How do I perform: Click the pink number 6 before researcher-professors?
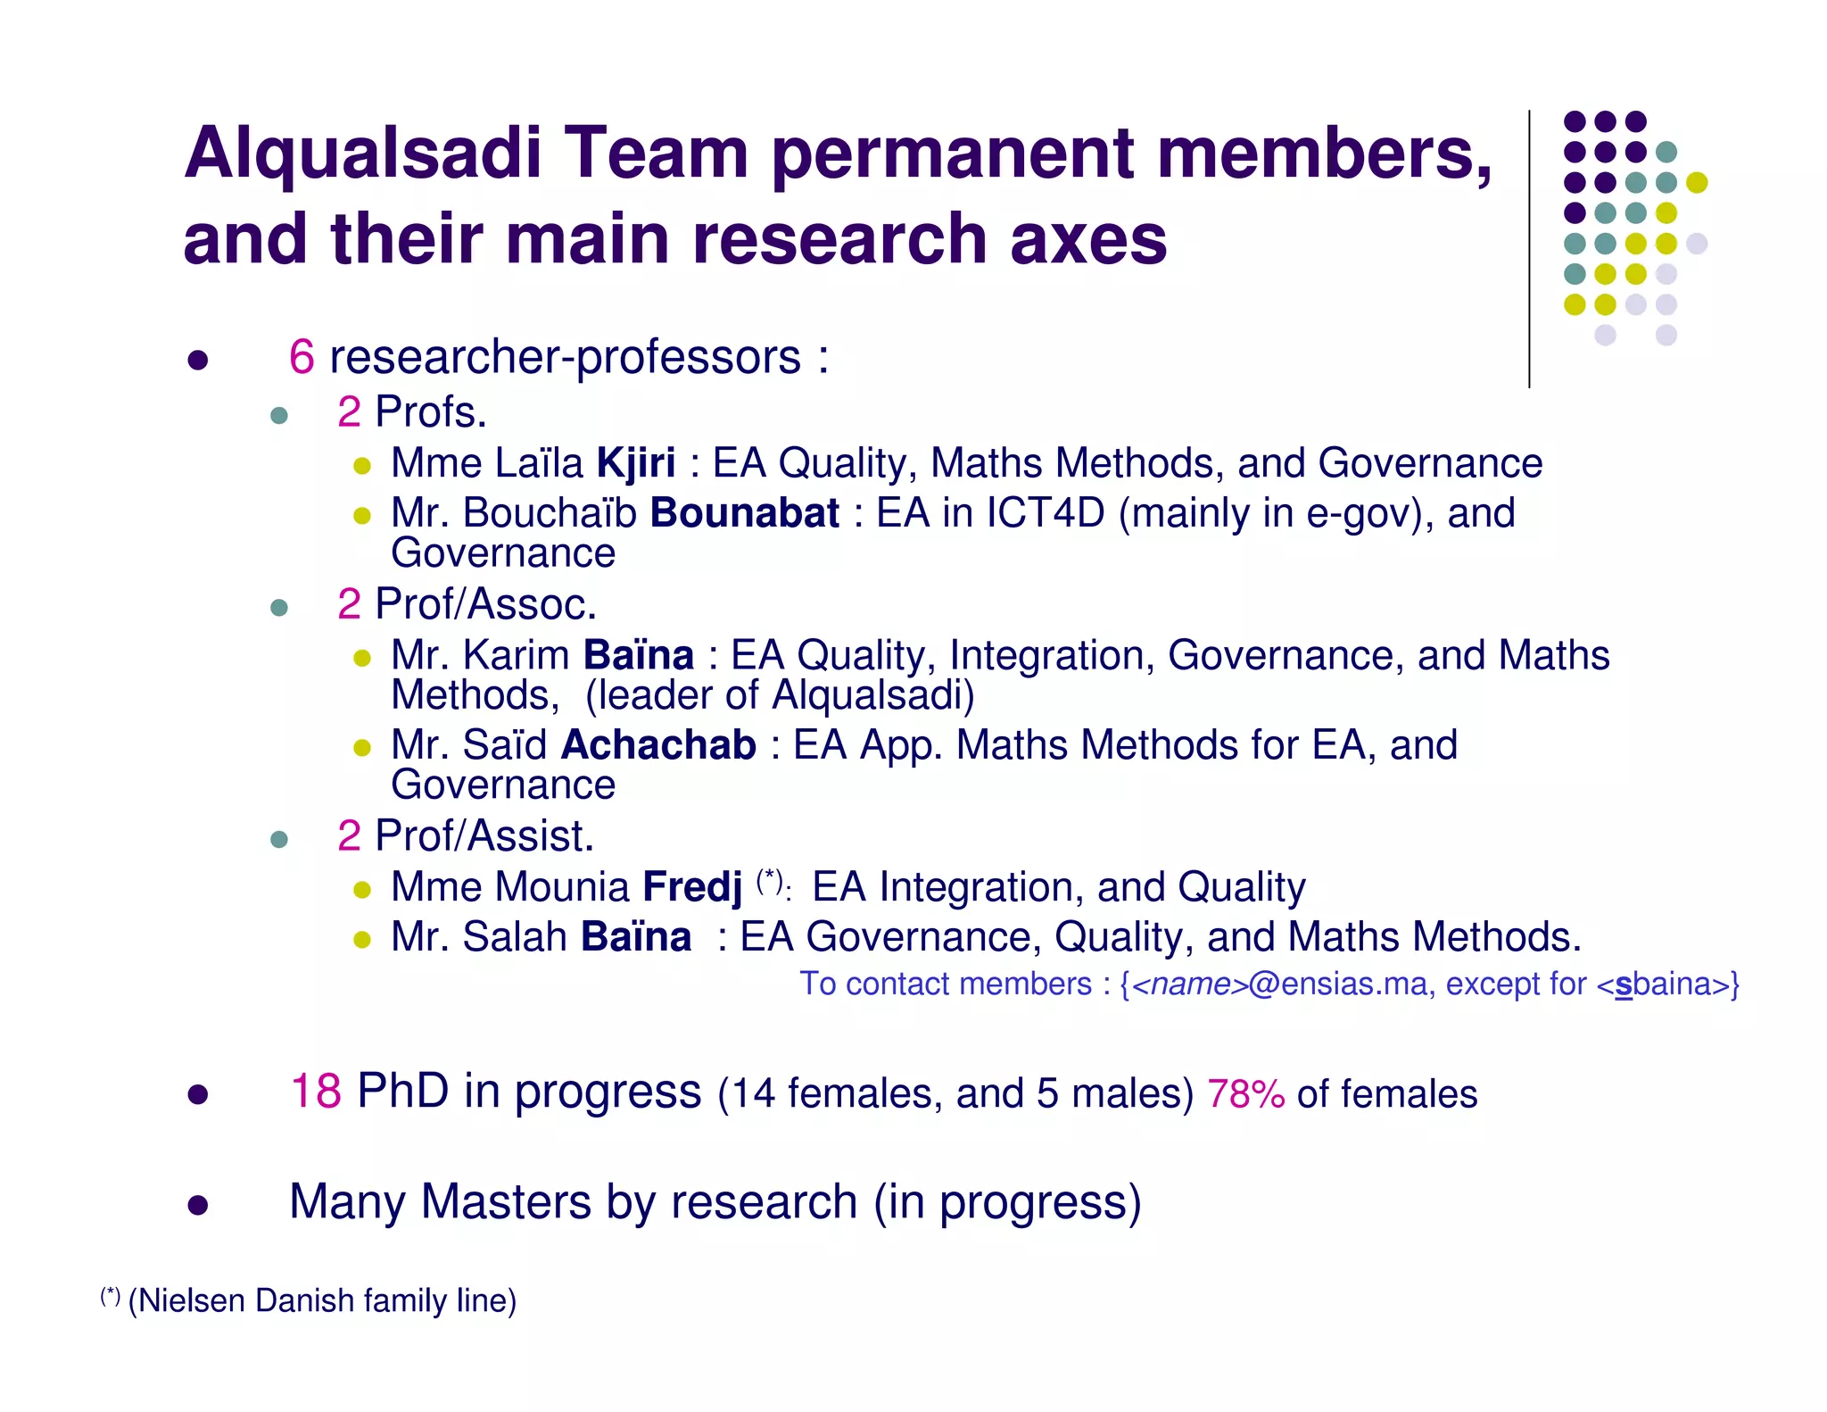pyautogui.click(x=302, y=357)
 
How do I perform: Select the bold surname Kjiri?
pyautogui.click(x=636, y=463)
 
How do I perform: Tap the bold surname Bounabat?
pyautogui.click(x=744, y=513)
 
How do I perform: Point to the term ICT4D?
pyautogui.click(x=1045, y=513)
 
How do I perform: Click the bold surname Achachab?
pyautogui.click(x=658, y=745)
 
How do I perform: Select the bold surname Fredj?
pyautogui.click(x=692, y=887)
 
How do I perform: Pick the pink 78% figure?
pyautogui.click(x=1245, y=1094)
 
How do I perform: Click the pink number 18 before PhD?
pyautogui.click(x=316, y=1092)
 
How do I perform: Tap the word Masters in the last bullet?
pyautogui.click(x=506, y=1201)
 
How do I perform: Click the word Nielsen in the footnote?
pyautogui.click(x=190, y=1301)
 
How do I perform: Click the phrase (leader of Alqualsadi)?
pyautogui.click(x=780, y=695)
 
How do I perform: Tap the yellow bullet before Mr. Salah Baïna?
pyautogui.click(x=361, y=939)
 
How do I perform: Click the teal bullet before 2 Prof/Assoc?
pyautogui.click(x=279, y=608)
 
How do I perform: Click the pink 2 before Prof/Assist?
pyautogui.click(x=349, y=836)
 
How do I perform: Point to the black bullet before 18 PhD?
pyautogui.click(x=198, y=1094)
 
